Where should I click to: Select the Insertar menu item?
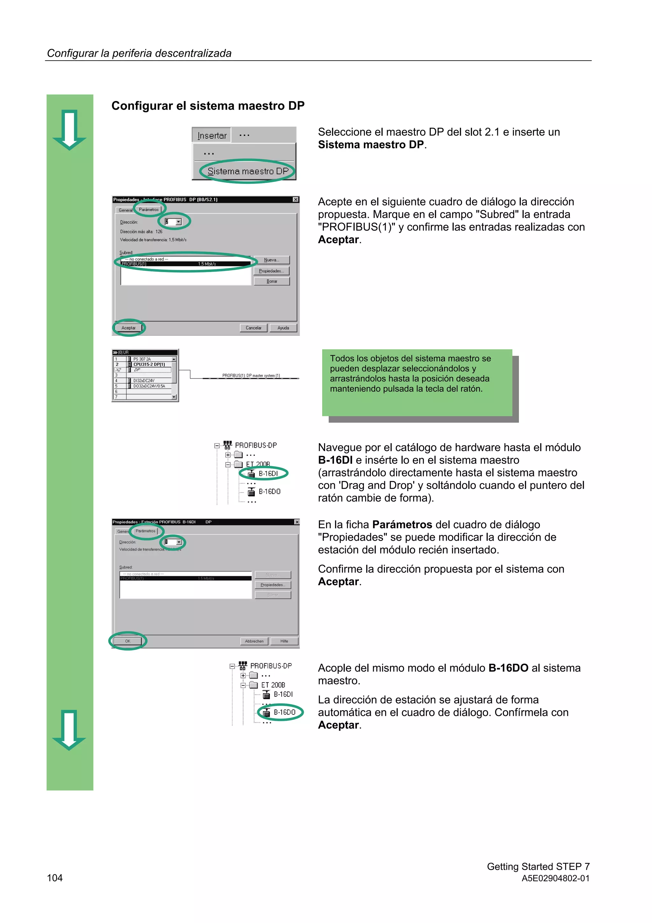pos(212,135)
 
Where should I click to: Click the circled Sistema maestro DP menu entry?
pos(248,171)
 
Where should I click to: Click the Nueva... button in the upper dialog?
pos(272,260)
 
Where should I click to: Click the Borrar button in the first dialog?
pos(272,281)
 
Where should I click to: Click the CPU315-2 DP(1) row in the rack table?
pos(149,364)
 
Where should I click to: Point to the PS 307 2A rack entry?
pos(142,359)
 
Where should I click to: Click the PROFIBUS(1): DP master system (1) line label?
pos(251,375)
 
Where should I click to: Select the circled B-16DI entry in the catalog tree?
pos(268,473)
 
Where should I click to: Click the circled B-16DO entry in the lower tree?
pos(284,712)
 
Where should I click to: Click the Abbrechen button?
pos(254,641)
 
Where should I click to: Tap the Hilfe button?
pos(284,641)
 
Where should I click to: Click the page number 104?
pos(55,878)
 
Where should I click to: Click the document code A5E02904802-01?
pos(555,878)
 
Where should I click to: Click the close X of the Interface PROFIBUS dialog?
pos(296,199)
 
